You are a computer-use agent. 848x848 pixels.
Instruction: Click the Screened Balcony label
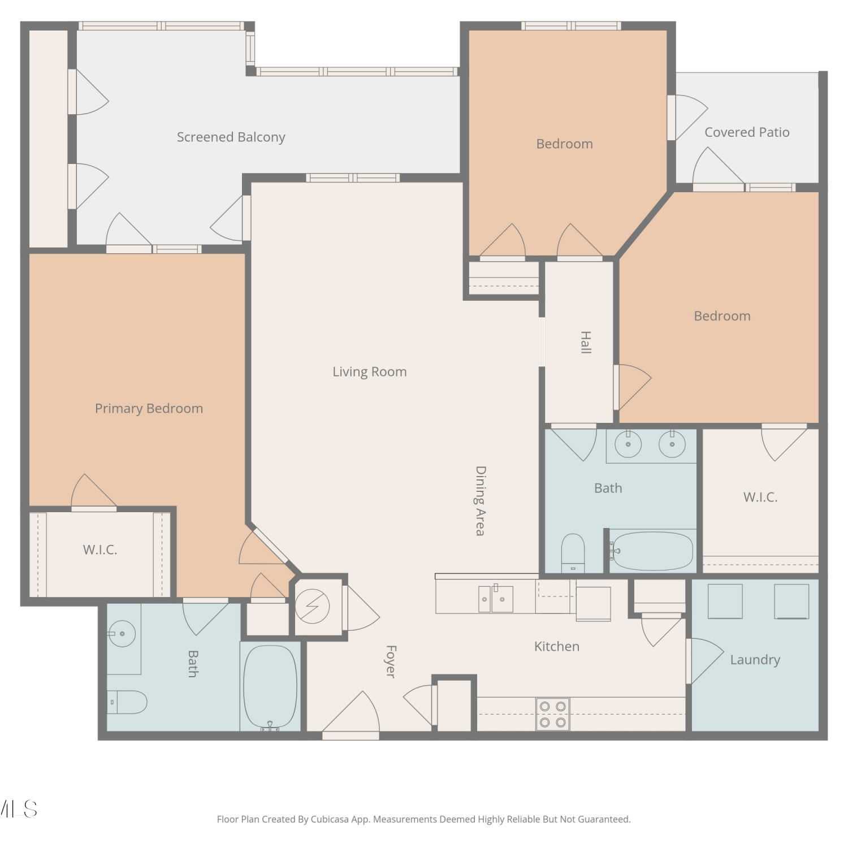pyautogui.click(x=231, y=137)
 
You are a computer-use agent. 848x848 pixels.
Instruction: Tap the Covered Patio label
pyautogui.click(x=747, y=132)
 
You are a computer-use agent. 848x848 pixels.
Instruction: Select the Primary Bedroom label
pyautogui.click(x=149, y=409)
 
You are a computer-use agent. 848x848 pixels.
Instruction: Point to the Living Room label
pyautogui.click(x=369, y=372)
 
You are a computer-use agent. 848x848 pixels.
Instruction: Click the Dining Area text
pyautogui.click(x=480, y=500)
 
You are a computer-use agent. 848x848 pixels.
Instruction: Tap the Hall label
pyautogui.click(x=586, y=343)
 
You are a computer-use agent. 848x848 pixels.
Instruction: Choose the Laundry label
pyautogui.click(x=755, y=660)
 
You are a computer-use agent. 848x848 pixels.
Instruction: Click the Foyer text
pyautogui.click(x=391, y=661)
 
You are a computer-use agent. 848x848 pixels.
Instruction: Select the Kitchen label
pyautogui.click(x=557, y=646)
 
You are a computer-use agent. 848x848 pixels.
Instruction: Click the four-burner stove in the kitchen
pyautogui.click(x=553, y=714)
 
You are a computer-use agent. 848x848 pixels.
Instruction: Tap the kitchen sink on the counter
pyautogui.click(x=496, y=599)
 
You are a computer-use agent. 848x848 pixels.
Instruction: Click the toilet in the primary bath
pyautogui.click(x=127, y=702)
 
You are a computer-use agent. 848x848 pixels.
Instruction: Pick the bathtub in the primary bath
pyautogui.click(x=270, y=687)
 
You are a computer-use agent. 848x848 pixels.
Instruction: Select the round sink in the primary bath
pyautogui.click(x=122, y=634)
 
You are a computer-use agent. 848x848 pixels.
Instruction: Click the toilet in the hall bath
pyautogui.click(x=573, y=553)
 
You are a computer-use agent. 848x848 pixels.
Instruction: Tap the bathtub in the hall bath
pyautogui.click(x=651, y=551)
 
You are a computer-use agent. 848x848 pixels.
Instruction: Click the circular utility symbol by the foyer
pyautogui.click(x=312, y=607)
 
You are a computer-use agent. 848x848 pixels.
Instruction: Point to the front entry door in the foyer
pyautogui.click(x=351, y=716)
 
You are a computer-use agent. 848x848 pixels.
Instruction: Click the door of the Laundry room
pyautogui.click(x=705, y=661)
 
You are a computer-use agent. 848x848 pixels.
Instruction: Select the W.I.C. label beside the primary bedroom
pyautogui.click(x=100, y=550)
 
